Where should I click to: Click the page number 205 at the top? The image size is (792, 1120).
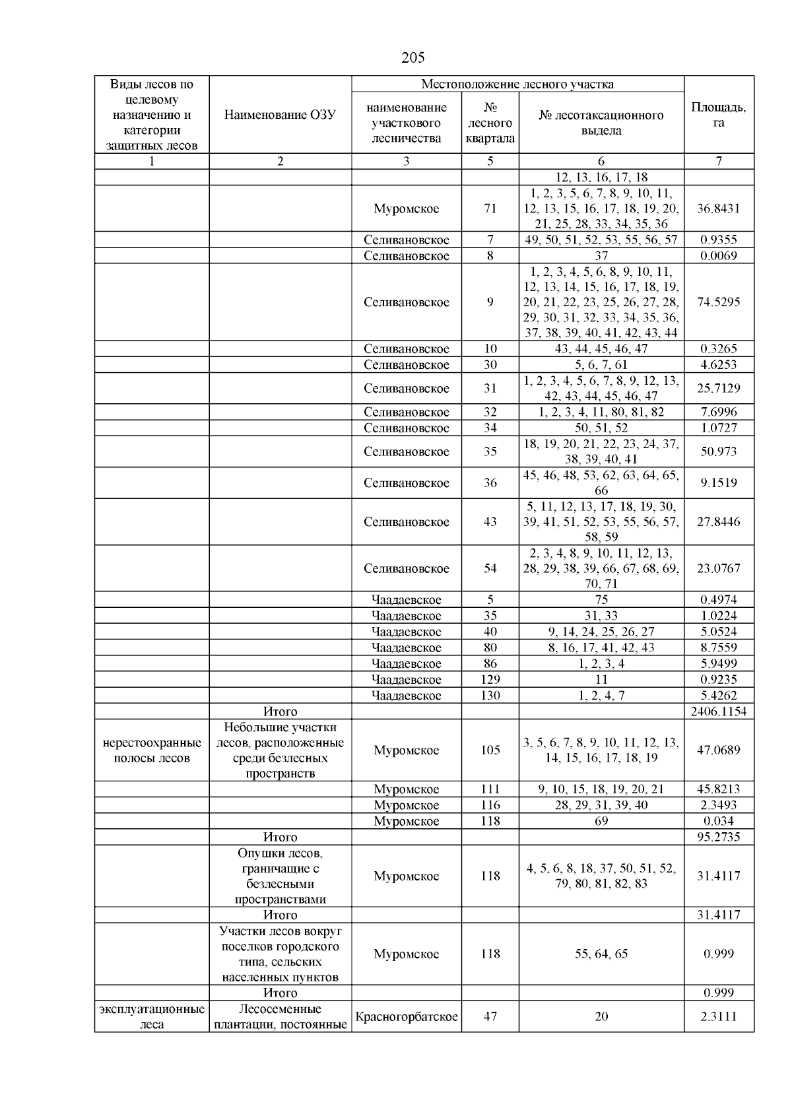(x=412, y=58)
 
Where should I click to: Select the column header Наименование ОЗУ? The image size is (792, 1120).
(x=280, y=115)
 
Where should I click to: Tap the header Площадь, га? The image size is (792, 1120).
(x=719, y=115)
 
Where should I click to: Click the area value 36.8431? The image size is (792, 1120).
(x=719, y=209)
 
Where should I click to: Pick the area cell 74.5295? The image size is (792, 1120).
(x=719, y=302)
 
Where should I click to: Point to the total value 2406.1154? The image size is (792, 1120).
(x=719, y=711)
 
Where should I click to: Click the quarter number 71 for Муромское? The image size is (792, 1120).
(x=490, y=209)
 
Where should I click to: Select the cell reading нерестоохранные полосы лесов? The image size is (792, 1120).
(x=152, y=750)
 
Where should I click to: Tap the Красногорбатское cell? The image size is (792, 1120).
(x=406, y=1017)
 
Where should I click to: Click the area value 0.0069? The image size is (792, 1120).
(x=719, y=256)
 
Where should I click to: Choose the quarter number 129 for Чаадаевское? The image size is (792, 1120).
(x=490, y=680)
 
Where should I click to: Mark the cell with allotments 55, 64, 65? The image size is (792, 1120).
(x=601, y=954)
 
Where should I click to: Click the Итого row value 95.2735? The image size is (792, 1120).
(x=719, y=837)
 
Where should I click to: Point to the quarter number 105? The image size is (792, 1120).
(x=490, y=750)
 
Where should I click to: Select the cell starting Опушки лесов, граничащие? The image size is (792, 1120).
(x=280, y=876)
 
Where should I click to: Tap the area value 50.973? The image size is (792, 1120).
(x=719, y=452)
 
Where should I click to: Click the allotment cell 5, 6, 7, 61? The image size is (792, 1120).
(x=601, y=365)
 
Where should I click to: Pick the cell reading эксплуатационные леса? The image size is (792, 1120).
(x=152, y=1017)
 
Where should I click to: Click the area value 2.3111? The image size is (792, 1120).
(x=719, y=1017)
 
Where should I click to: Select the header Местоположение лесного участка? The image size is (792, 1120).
(x=517, y=84)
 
